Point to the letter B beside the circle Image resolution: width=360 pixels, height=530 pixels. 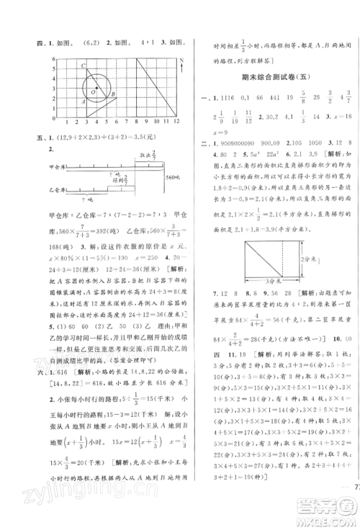pyautogui.click(x=112, y=94)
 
